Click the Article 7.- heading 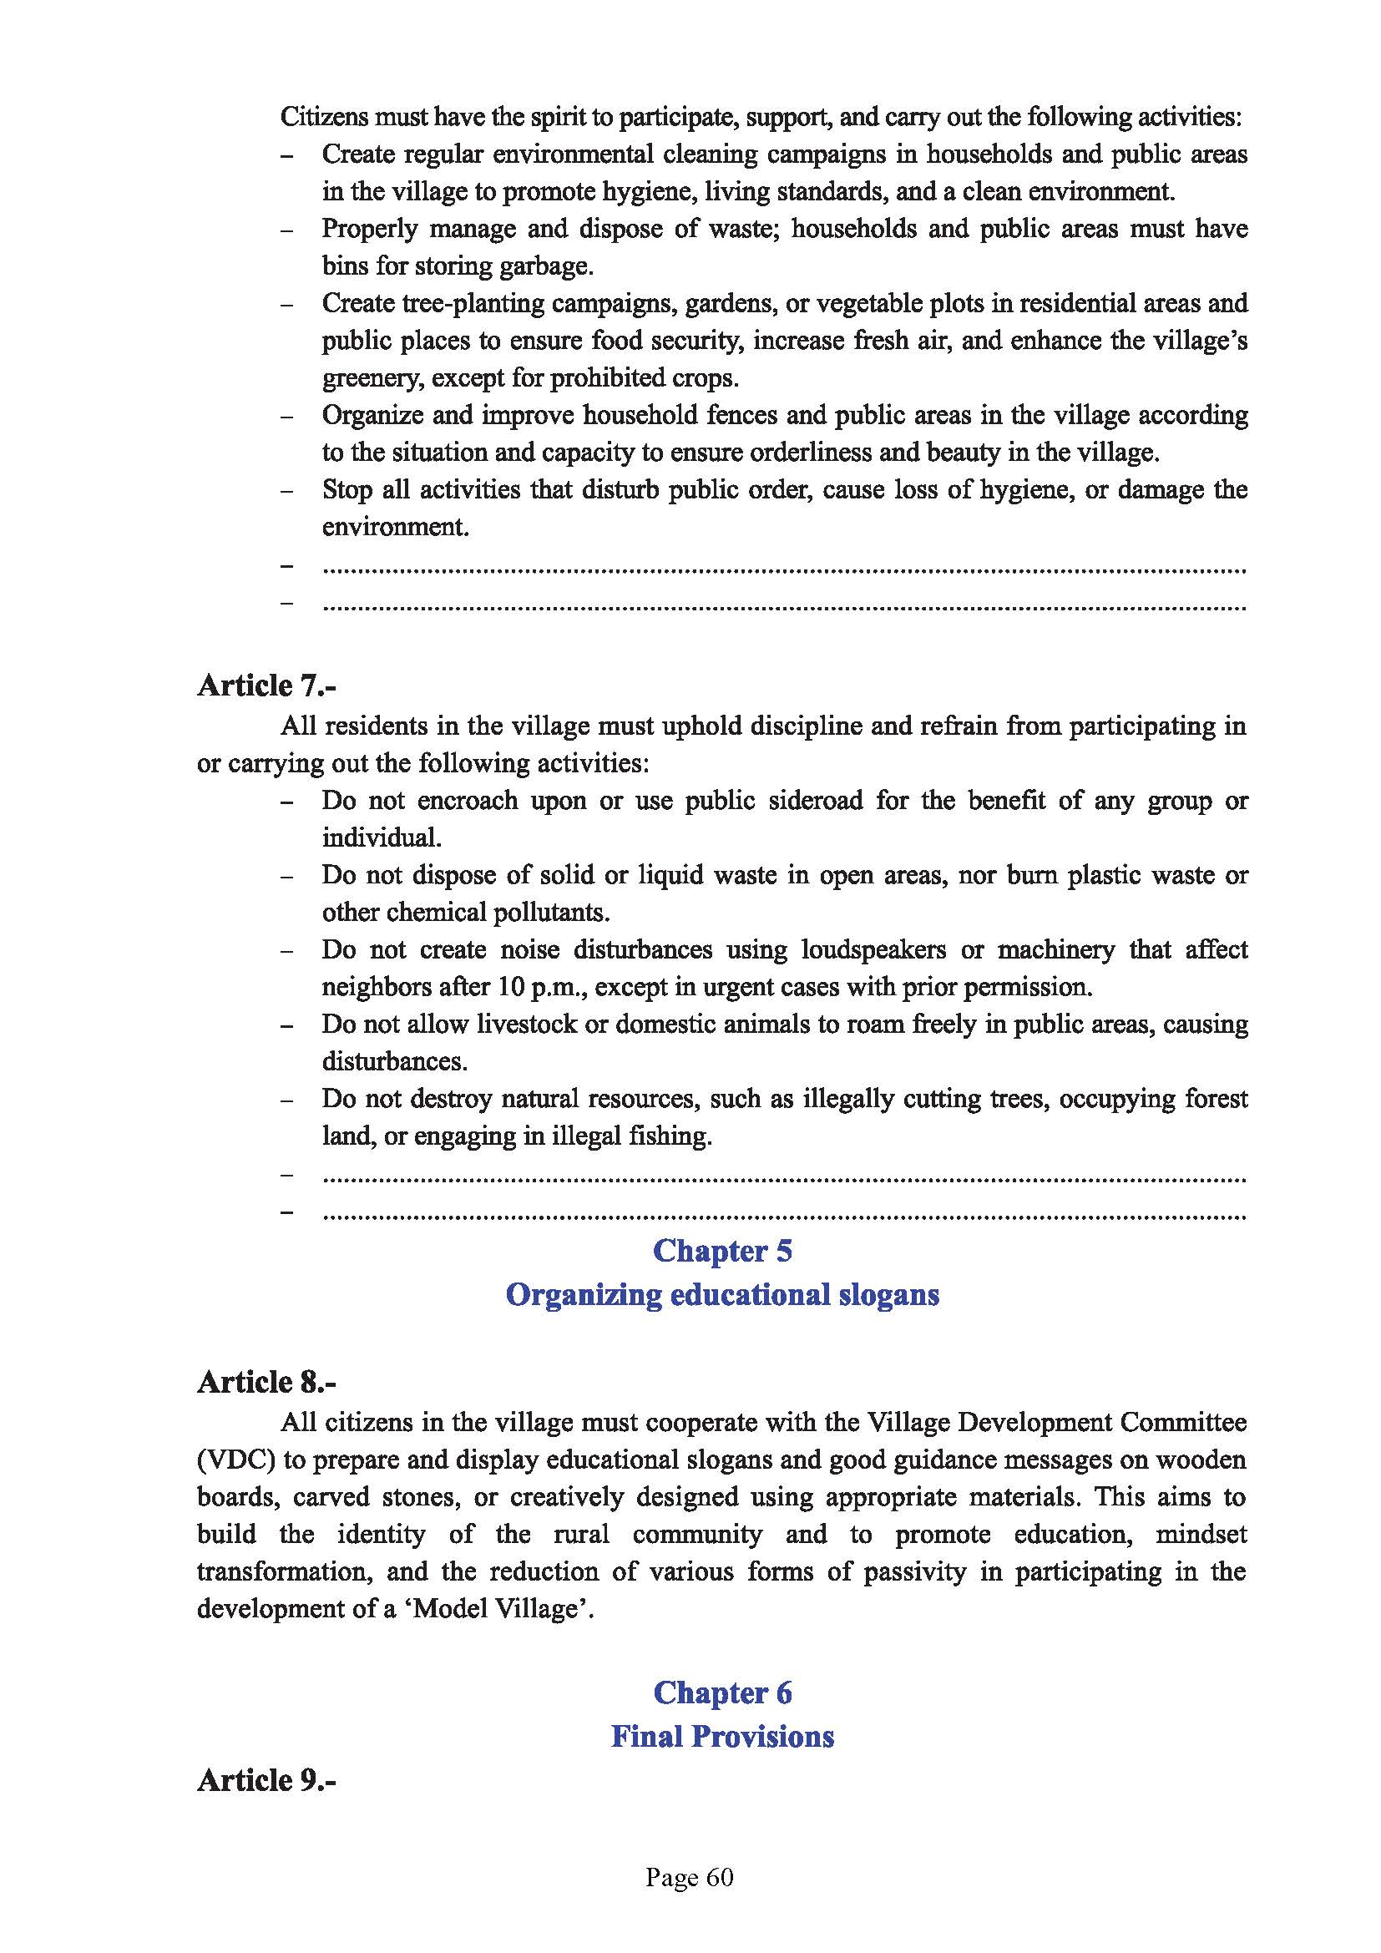(266, 685)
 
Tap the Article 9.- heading (266, 1779)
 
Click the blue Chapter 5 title (722, 1251)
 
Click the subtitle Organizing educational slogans (722, 1295)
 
